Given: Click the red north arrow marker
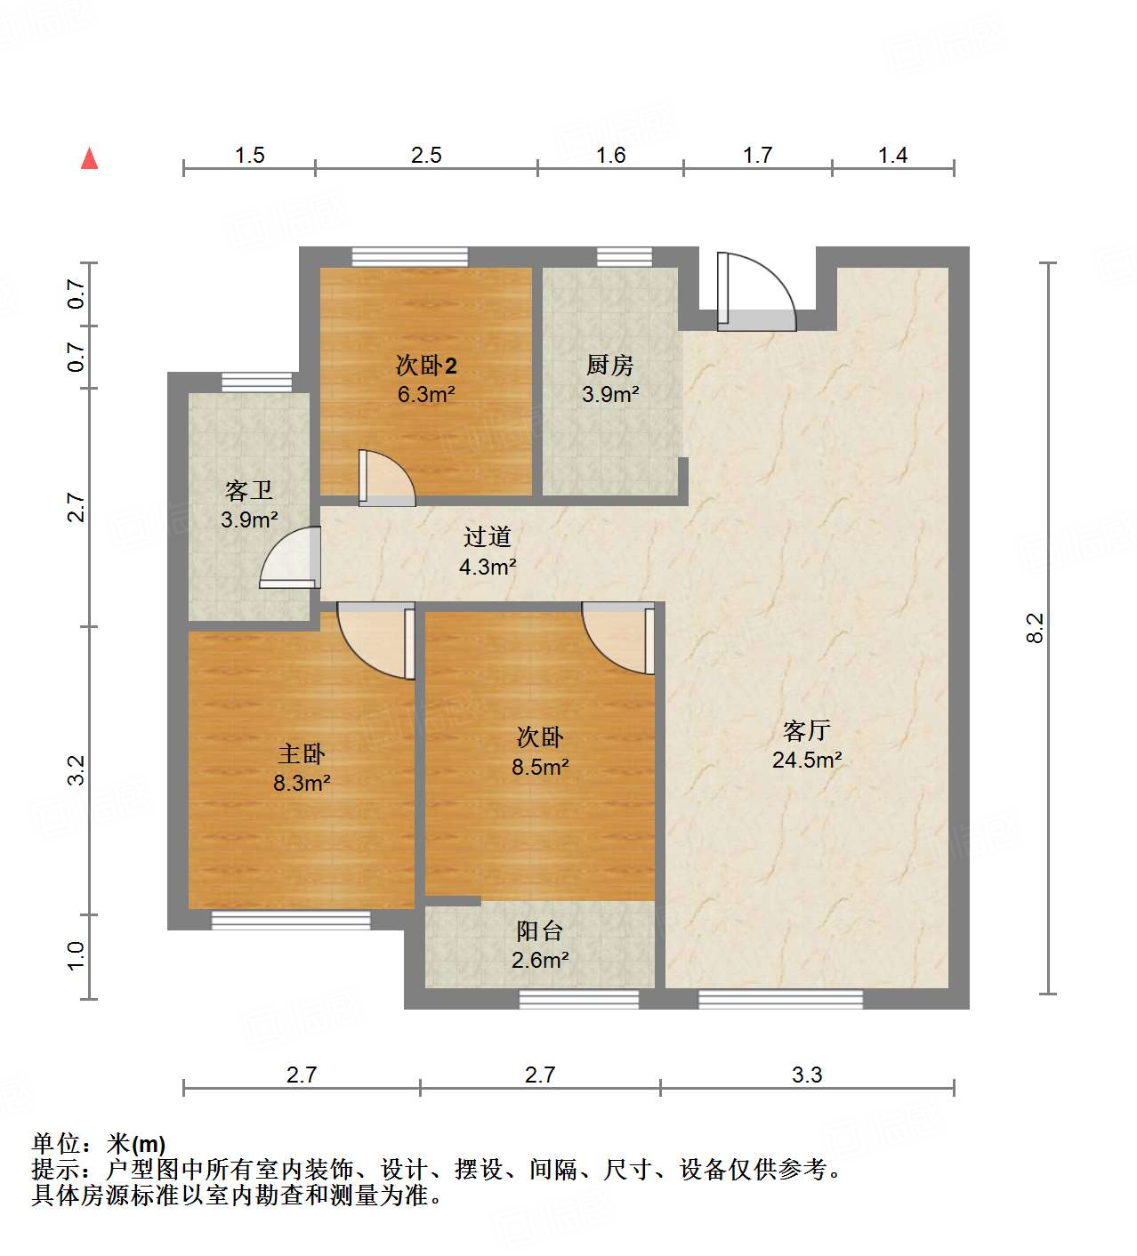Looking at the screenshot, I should click(89, 158).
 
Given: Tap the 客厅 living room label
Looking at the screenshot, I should click(806, 731).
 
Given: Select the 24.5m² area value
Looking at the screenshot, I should click(806, 761).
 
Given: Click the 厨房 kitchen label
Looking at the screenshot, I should click(609, 365).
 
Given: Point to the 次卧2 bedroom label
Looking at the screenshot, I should click(426, 365).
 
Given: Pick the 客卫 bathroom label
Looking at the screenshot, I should click(248, 490).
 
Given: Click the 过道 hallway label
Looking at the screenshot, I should click(488, 536).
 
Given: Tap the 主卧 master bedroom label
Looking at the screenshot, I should click(302, 754).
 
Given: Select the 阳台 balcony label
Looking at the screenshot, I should click(539, 930).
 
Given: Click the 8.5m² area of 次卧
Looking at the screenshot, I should click(539, 767).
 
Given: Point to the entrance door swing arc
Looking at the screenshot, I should click(756, 292).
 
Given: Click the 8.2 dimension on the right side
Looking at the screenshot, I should click(1035, 628).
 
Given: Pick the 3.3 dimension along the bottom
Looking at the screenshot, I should click(807, 1075).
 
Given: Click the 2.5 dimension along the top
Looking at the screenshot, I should click(426, 156).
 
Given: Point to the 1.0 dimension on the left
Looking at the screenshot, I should click(76, 956).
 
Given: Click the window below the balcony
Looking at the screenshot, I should click(578, 999).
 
